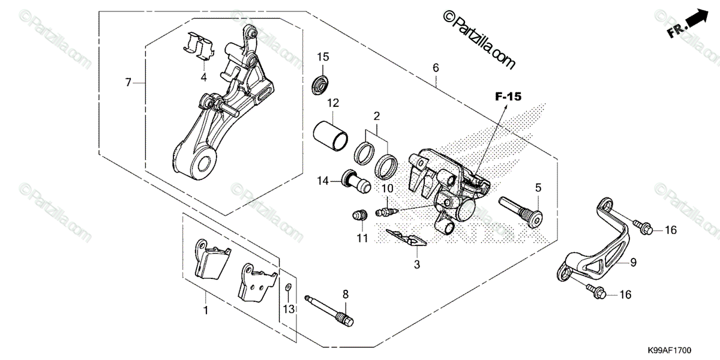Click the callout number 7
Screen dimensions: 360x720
pyautogui.click(x=128, y=82)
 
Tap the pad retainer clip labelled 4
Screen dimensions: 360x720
pyautogui.click(x=199, y=47)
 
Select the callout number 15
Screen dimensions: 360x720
pyautogui.click(x=323, y=57)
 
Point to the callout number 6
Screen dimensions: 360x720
pyautogui.click(x=436, y=68)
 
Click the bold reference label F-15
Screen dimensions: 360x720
pyautogui.click(x=509, y=96)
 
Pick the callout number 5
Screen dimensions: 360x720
pyautogui.click(x=538, y=188)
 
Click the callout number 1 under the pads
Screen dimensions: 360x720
pyautogui.click(x=206, y=311)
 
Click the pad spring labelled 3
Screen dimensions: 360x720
pyautogui.click(x=407, y=238)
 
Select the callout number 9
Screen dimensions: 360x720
pyautogui.click(x=632, y=262)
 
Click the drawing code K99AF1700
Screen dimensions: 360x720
pyautogui.click(x=669, y=349)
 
